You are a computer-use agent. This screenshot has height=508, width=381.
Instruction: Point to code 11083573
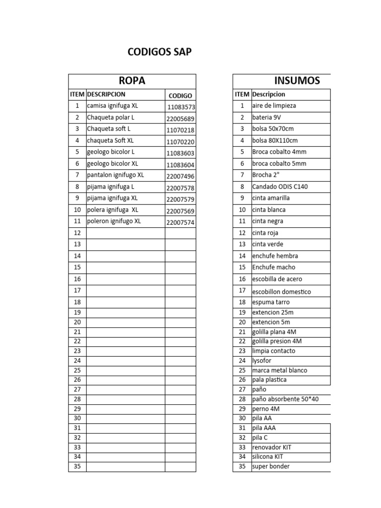point(181,107)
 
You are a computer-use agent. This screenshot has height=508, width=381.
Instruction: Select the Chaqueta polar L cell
point(111,118)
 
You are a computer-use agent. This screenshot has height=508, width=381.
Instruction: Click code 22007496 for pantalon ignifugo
point(181,177)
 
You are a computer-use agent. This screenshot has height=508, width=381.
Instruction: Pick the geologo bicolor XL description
point(113,163)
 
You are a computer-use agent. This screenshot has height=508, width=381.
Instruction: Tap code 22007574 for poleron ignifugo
point(181,223)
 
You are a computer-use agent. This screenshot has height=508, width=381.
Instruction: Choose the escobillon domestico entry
point(281,292)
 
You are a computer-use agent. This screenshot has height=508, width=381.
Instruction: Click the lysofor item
point(262,361)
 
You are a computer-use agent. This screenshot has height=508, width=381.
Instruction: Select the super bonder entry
point(271,466)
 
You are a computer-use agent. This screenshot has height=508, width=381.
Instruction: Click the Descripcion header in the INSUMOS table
point(268,94)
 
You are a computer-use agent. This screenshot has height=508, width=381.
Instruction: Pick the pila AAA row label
point(264,428)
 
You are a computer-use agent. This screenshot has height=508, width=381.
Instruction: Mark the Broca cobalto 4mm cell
point(279,152)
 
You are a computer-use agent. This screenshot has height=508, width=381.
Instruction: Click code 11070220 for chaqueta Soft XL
point(181,142)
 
